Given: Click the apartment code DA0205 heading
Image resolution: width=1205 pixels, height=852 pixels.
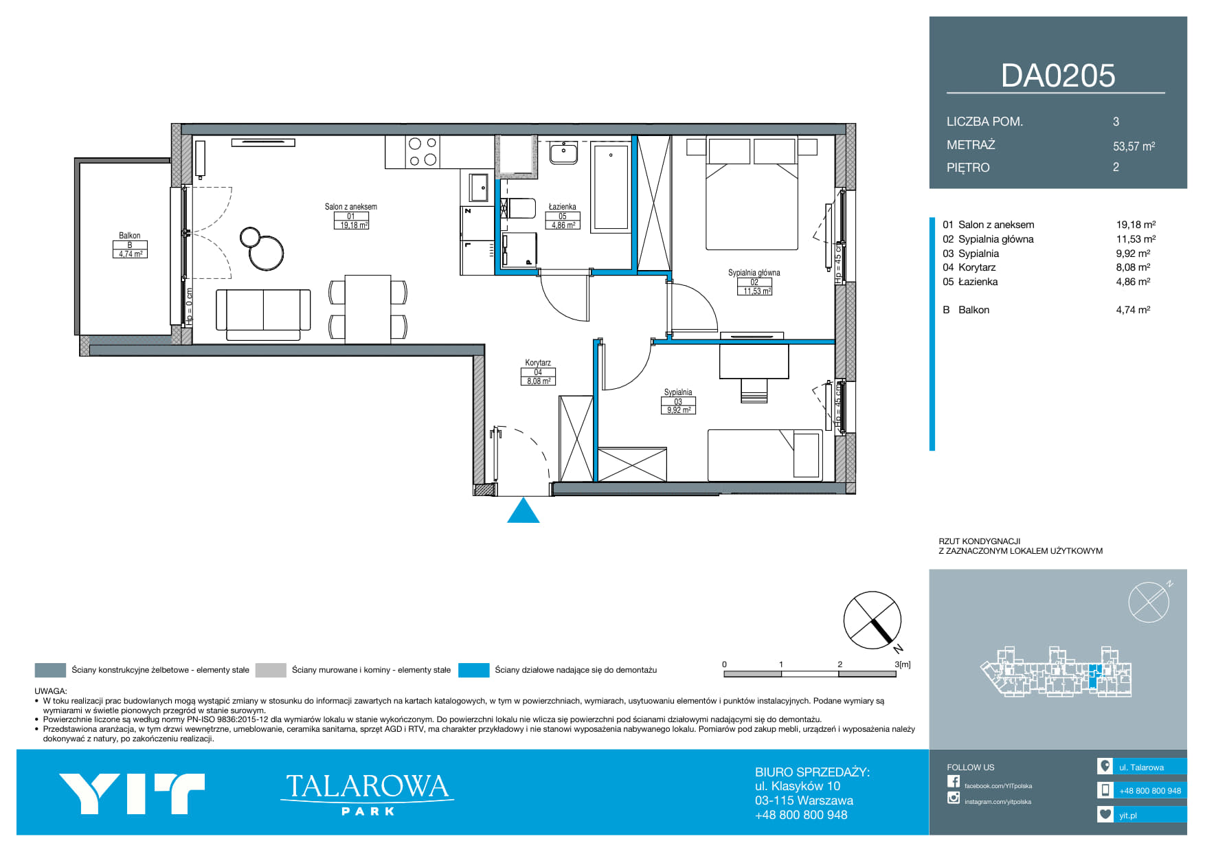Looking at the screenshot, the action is point(1058,76).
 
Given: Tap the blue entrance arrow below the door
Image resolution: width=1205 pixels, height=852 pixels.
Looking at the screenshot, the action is point(523,511).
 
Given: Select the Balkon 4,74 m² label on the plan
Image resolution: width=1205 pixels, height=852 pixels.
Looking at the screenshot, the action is point(130,245).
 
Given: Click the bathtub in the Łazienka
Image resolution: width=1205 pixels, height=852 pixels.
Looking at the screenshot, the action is point(611,186).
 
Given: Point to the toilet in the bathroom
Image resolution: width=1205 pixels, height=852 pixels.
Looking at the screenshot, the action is point(519,208).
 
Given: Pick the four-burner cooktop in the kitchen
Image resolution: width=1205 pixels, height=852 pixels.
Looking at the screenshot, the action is point(423,152).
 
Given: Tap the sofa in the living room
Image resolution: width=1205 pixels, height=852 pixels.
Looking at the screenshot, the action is point(263,314).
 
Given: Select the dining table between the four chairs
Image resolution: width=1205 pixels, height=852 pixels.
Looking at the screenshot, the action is point(368,309).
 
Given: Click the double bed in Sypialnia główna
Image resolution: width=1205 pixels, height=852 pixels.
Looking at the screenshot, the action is point(752,194).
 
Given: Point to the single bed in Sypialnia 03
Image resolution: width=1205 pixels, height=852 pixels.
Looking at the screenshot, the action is point(765,455).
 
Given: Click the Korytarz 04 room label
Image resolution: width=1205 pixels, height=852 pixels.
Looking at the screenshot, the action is point(538,372).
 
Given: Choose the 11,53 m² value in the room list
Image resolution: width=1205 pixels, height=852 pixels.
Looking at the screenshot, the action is point(1136,239).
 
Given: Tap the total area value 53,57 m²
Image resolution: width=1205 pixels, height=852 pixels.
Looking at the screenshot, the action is point(1134,146).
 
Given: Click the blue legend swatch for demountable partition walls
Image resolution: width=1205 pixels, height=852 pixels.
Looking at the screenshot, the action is point(473,670).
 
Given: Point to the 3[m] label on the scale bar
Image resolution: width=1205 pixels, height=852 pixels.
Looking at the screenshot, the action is point(903,664).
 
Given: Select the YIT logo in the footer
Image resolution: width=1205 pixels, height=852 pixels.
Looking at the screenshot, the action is point(132,794).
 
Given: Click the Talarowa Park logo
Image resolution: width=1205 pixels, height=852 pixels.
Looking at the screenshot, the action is point(367,794).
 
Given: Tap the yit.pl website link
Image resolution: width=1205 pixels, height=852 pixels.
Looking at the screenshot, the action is point(1127,816).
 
